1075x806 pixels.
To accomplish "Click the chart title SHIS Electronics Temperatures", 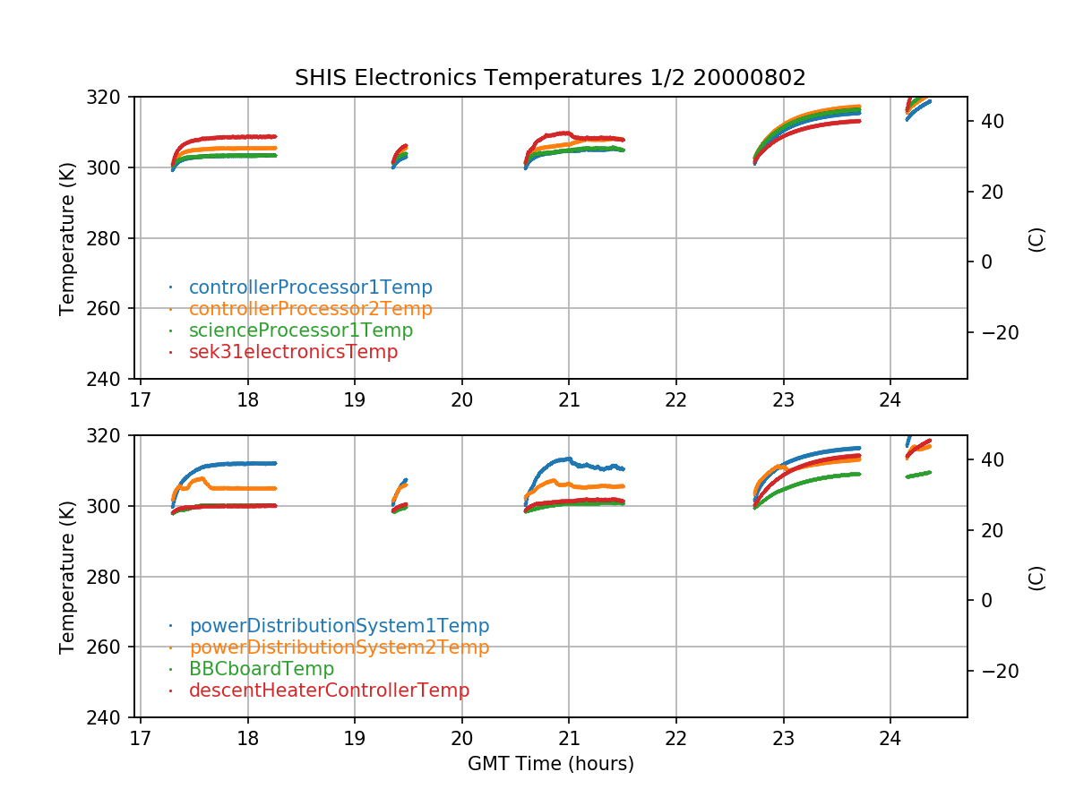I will click(550, 78).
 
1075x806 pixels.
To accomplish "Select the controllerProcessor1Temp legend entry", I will click(310, 287).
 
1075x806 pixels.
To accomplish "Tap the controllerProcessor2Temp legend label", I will click(310, 309).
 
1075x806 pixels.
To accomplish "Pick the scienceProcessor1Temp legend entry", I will click(300, 330).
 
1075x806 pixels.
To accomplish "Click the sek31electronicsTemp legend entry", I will click(293, 352).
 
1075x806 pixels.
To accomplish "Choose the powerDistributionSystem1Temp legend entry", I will click(339, 626).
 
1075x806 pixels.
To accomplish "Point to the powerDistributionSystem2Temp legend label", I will click(339, 647).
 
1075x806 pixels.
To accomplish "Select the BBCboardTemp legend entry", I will click(261, 669).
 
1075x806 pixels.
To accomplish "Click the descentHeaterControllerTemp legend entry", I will click(329, 690).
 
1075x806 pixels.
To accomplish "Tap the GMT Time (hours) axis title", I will click(550, 764).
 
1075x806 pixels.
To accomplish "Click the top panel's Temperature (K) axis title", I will click(67, 237).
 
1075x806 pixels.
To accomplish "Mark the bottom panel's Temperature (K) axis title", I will click(67, 576).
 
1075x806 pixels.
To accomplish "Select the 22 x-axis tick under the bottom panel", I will click(675, 736).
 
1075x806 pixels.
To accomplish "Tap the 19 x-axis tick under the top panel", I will click(354, 398).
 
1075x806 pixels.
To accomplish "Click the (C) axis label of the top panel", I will click(1036, 238).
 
